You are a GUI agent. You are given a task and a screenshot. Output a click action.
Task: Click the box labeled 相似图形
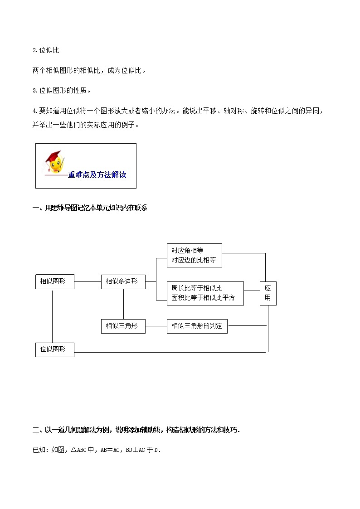[54, 281]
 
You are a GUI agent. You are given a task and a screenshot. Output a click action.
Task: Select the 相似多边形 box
[123, 281]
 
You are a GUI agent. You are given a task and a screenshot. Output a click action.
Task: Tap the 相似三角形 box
[123, 325]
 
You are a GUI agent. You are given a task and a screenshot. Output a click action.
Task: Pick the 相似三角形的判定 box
[197, 325]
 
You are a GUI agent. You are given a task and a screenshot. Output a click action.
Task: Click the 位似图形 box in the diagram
[54, 349]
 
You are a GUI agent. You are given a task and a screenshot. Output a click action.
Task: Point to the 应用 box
[268, 293]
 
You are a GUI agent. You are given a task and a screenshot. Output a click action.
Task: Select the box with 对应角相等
[194, 255]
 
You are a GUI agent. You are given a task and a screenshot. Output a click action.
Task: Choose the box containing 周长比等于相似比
[205, 293]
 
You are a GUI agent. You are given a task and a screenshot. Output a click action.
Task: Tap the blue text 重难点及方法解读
[97, 175]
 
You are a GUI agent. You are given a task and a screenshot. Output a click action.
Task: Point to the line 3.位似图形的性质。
[62, 90]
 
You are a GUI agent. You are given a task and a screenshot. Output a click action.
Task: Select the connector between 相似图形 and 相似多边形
[87, 281]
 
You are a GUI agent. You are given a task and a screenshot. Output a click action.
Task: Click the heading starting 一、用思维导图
[90, 208]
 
